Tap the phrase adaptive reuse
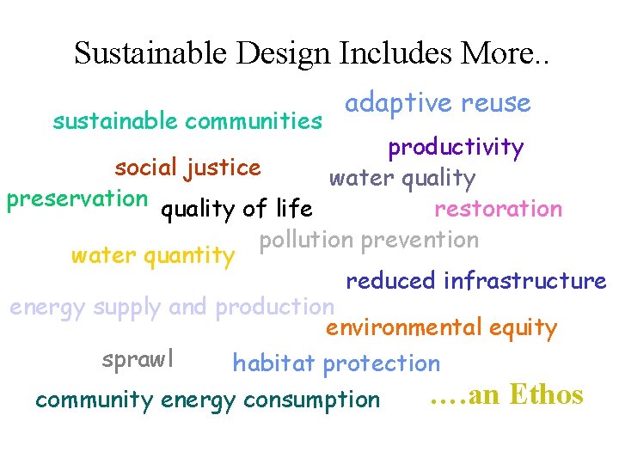pos(438,103)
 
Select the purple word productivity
pos(456,148)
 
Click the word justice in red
pos(222,167)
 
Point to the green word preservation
pos(77,198)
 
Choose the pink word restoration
pos(498,209)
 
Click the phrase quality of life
pos(237,209)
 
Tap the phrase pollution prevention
pos(369,240)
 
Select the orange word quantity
pos(193,256)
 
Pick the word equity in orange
pos(524,327)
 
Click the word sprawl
pos(138,359)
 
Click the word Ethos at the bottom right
pos(546,394)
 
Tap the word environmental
pos(392,327)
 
